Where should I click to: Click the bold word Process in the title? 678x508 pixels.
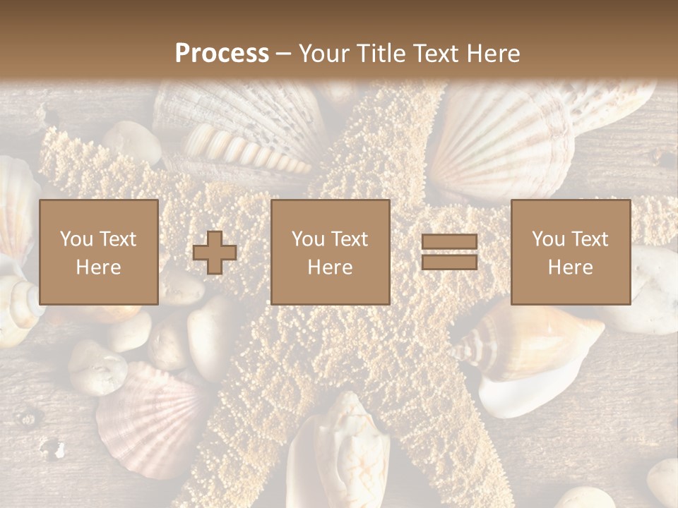point(222,54)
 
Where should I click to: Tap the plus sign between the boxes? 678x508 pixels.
point(215,253)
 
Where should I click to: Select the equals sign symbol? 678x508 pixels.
point(449,252)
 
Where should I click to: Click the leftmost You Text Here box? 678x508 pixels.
point(99,252)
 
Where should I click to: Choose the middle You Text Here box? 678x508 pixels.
point(331,252)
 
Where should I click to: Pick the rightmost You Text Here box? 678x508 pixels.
point(571,252)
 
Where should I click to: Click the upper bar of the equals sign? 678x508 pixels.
point(449,242)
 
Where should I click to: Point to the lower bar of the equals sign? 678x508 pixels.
point(449,262)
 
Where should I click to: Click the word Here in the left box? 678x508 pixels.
point(99,267)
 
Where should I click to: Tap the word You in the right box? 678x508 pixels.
point(548,239)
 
